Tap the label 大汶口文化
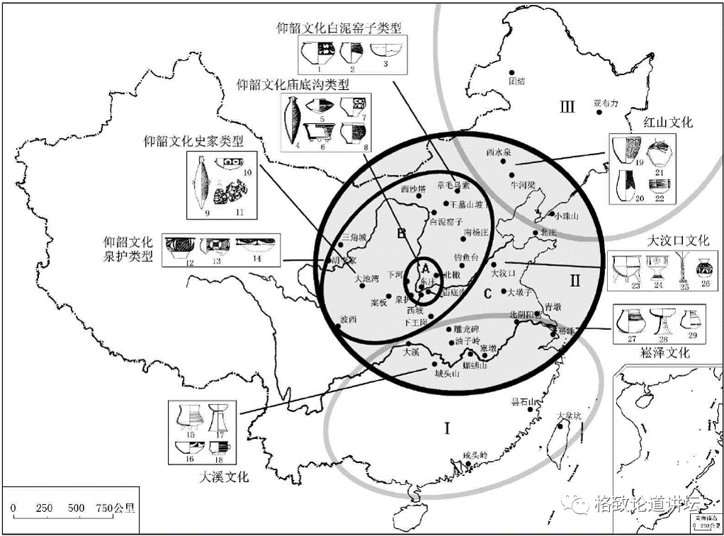point(678,241)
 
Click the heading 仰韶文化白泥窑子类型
point(339,29)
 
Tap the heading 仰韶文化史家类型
point(193,141)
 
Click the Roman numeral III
point(566,108)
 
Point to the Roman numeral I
point(446,428)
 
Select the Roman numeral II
point(575,280)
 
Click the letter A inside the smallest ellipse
point(425,269)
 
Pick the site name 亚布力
point(606,103)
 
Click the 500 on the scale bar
point(77,508)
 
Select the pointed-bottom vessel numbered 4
point(290,119)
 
